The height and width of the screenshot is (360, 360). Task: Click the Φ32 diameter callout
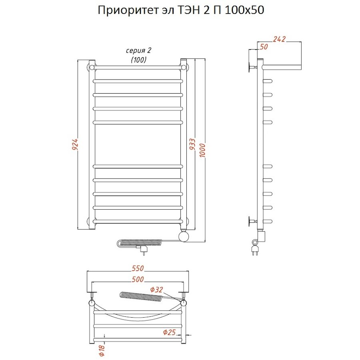pyautogui.click(x=157, y=290)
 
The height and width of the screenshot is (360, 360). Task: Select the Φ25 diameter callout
pyautogui.click(x=170, y=332)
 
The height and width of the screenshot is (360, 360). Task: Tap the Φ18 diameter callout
pyautogui.click(x=102, y=351)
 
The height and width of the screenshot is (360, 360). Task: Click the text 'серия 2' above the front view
pyautogui.click(x=138, y=51)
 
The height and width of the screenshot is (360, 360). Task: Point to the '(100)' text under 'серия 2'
pyautogui.click(x=138, y=60)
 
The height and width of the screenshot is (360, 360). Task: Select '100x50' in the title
pyautogui.click(x=244, y=11)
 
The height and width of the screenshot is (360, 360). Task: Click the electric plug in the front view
pyautogui.click(x=143, y=251)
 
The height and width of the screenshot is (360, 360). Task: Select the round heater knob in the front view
pyautogui.click(x=184, y=236)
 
